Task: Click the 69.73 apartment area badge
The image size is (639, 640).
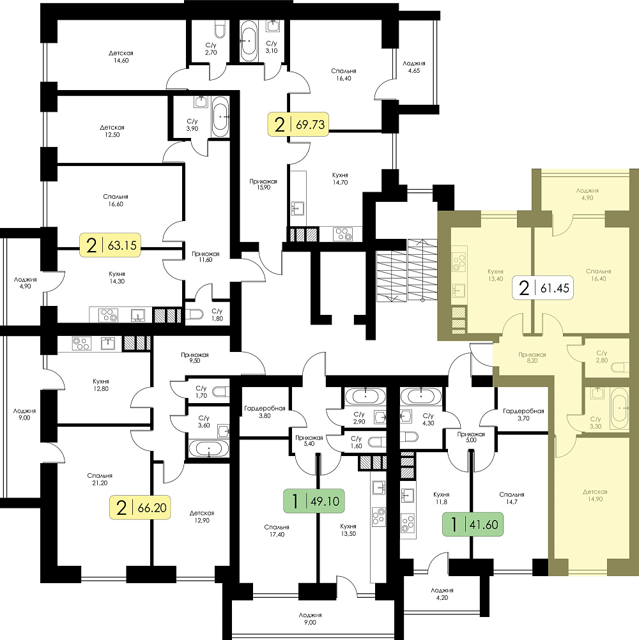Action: pos(298,124)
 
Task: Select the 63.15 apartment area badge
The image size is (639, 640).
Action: pos(111,245)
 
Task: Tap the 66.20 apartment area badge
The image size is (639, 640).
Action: pos(140,507)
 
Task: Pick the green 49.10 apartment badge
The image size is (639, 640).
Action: pos(314,500)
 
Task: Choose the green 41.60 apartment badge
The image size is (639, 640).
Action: pos(473,524)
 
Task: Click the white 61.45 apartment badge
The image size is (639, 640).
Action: pos(543,288)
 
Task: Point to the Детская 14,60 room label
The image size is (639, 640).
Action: pos(121,57)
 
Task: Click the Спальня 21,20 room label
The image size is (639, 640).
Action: pos(100,479)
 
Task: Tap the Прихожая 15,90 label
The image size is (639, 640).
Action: pos(263,184)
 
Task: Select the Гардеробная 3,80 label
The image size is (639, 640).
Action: pos(265,412)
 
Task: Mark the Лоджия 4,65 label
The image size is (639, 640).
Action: pos(413,66)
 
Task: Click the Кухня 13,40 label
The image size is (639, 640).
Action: pos(495,275)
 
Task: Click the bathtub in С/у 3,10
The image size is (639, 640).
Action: pos(249,41)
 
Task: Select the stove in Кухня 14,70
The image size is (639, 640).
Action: pos(342,234)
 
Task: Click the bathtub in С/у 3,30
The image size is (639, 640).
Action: pos(619,408)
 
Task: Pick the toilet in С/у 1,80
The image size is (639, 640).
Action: pos(194,314)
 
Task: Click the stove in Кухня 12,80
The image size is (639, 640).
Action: pos(81,344)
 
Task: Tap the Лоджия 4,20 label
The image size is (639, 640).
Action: pos(442,594)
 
